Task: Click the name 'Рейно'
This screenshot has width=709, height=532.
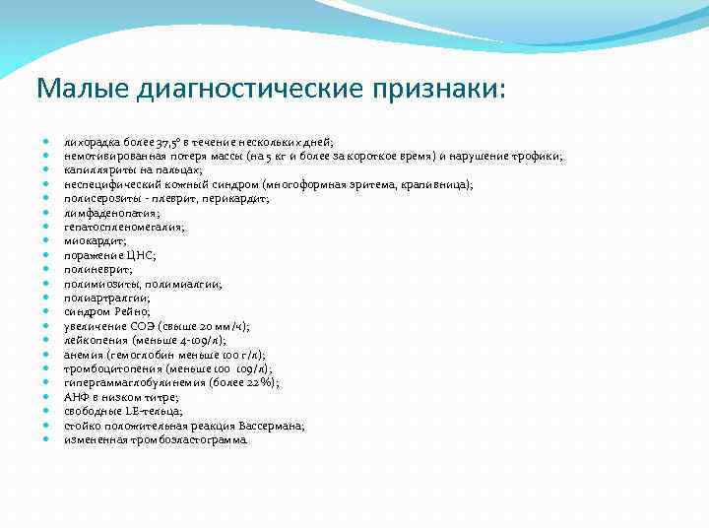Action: [x=131, y=311]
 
